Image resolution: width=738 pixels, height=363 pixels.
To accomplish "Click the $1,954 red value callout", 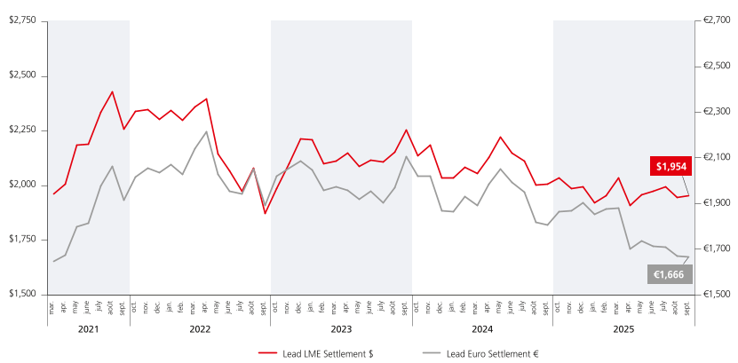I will pyautogui.click(x=671, y=166).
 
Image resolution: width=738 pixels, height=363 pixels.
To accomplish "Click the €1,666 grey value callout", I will pyautogui.click(x=667, y=275).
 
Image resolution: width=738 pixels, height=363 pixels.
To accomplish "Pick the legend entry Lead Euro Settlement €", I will pyautogui.click(x=493, y=352).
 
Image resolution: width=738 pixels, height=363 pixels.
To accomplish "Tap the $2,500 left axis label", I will pyautogui.click(x=22, y=75).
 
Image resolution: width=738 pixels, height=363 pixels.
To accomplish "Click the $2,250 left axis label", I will pyautogui.click(x=22, y=130).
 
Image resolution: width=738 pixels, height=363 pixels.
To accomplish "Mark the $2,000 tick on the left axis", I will pyautogui.click(x=22, y=185).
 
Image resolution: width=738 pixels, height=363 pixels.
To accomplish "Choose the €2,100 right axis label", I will pyautogui.click(x=716, y=157).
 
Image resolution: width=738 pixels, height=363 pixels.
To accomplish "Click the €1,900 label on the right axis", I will pyautogui.click(x=716, y=203).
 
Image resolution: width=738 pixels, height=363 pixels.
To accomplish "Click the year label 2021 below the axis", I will pyautogui.click(x=88, y=328).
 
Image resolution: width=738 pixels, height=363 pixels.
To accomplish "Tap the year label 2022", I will pyautogui.click(x=200, y=328).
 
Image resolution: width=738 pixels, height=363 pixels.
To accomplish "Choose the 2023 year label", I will pyautogui.click(x=341, y=328).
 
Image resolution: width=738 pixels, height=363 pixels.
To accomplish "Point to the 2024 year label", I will pyautogui.click(x=482, y=328).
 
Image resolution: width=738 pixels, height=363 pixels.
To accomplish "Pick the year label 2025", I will pyautogui.click(x=623, y=328).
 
